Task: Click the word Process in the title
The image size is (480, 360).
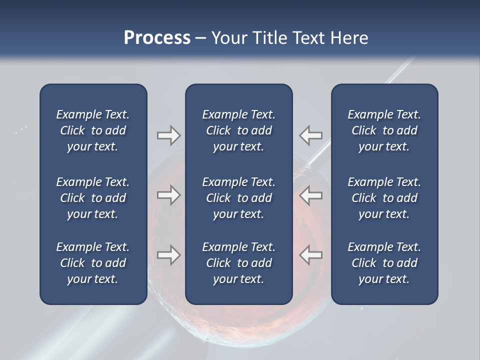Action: point(157,38)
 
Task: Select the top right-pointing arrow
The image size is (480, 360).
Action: point(168,135)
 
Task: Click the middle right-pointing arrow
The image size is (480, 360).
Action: point(168,195)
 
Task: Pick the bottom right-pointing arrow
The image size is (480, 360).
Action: point(168,255)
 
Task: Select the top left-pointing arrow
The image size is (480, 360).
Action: point(311,135)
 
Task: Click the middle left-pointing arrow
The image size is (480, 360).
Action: point(311,195)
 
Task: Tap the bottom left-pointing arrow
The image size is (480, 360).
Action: point(311,255)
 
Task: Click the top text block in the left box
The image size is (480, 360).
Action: point(93,130)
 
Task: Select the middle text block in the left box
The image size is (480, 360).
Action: point(93,198)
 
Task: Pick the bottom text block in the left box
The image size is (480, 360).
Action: point(93,263)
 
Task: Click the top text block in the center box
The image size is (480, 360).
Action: point(238,130)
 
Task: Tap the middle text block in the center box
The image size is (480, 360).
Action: point(238,198)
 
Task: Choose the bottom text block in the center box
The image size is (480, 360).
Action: point(238,263)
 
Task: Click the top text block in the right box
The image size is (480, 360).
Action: point(384,130)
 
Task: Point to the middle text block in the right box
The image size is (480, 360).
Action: point(384,198)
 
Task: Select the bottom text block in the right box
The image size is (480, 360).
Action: point(384,263)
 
